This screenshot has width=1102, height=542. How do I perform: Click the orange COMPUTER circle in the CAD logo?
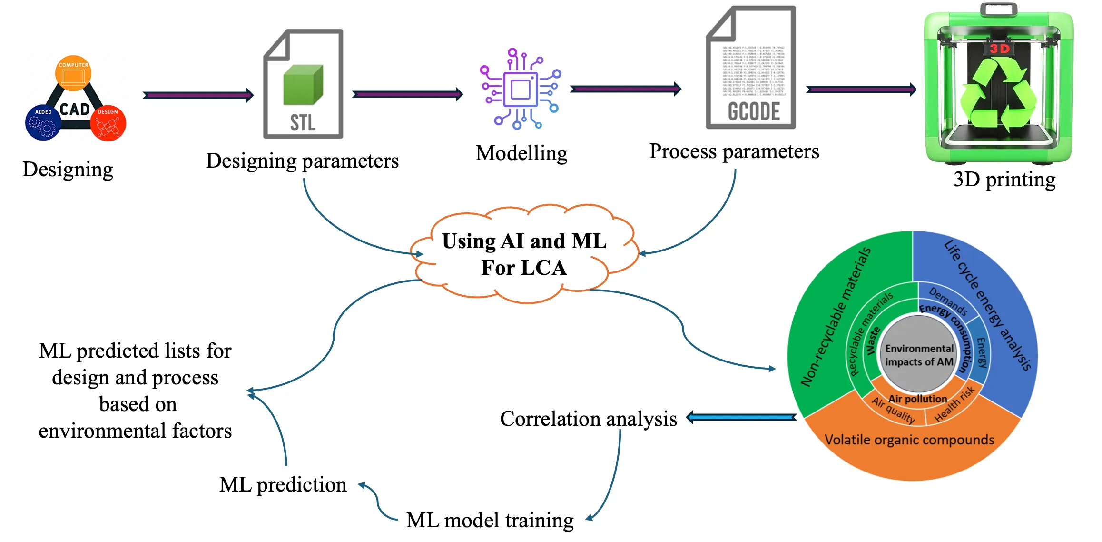point(73,73)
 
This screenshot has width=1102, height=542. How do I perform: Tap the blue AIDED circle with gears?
point(42,122)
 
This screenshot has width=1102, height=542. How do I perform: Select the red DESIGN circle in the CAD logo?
point(108,123)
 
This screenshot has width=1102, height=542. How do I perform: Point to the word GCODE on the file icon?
point(754,111)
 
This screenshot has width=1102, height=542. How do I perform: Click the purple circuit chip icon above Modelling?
point(521,89)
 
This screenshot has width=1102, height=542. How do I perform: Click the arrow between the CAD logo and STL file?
point(198,95)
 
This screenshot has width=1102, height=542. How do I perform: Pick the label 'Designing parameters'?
point(302,161)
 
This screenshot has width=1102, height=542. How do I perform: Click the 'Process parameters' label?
point(734,151)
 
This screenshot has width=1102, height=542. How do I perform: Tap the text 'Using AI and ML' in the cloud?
point(524,241)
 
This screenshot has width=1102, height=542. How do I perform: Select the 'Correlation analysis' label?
point(588,419)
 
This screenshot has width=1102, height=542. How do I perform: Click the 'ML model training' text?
point(490,520)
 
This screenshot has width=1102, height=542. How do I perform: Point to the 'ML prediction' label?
point(283,485)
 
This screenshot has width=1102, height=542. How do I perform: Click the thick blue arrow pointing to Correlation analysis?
point(741,418)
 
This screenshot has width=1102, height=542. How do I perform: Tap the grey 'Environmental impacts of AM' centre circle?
point(918,355)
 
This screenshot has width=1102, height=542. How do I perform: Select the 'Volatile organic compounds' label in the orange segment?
point(909,440)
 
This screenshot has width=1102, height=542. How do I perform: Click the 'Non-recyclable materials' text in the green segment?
point(836,317)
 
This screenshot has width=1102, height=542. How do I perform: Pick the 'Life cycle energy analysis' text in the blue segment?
point(988,305)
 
